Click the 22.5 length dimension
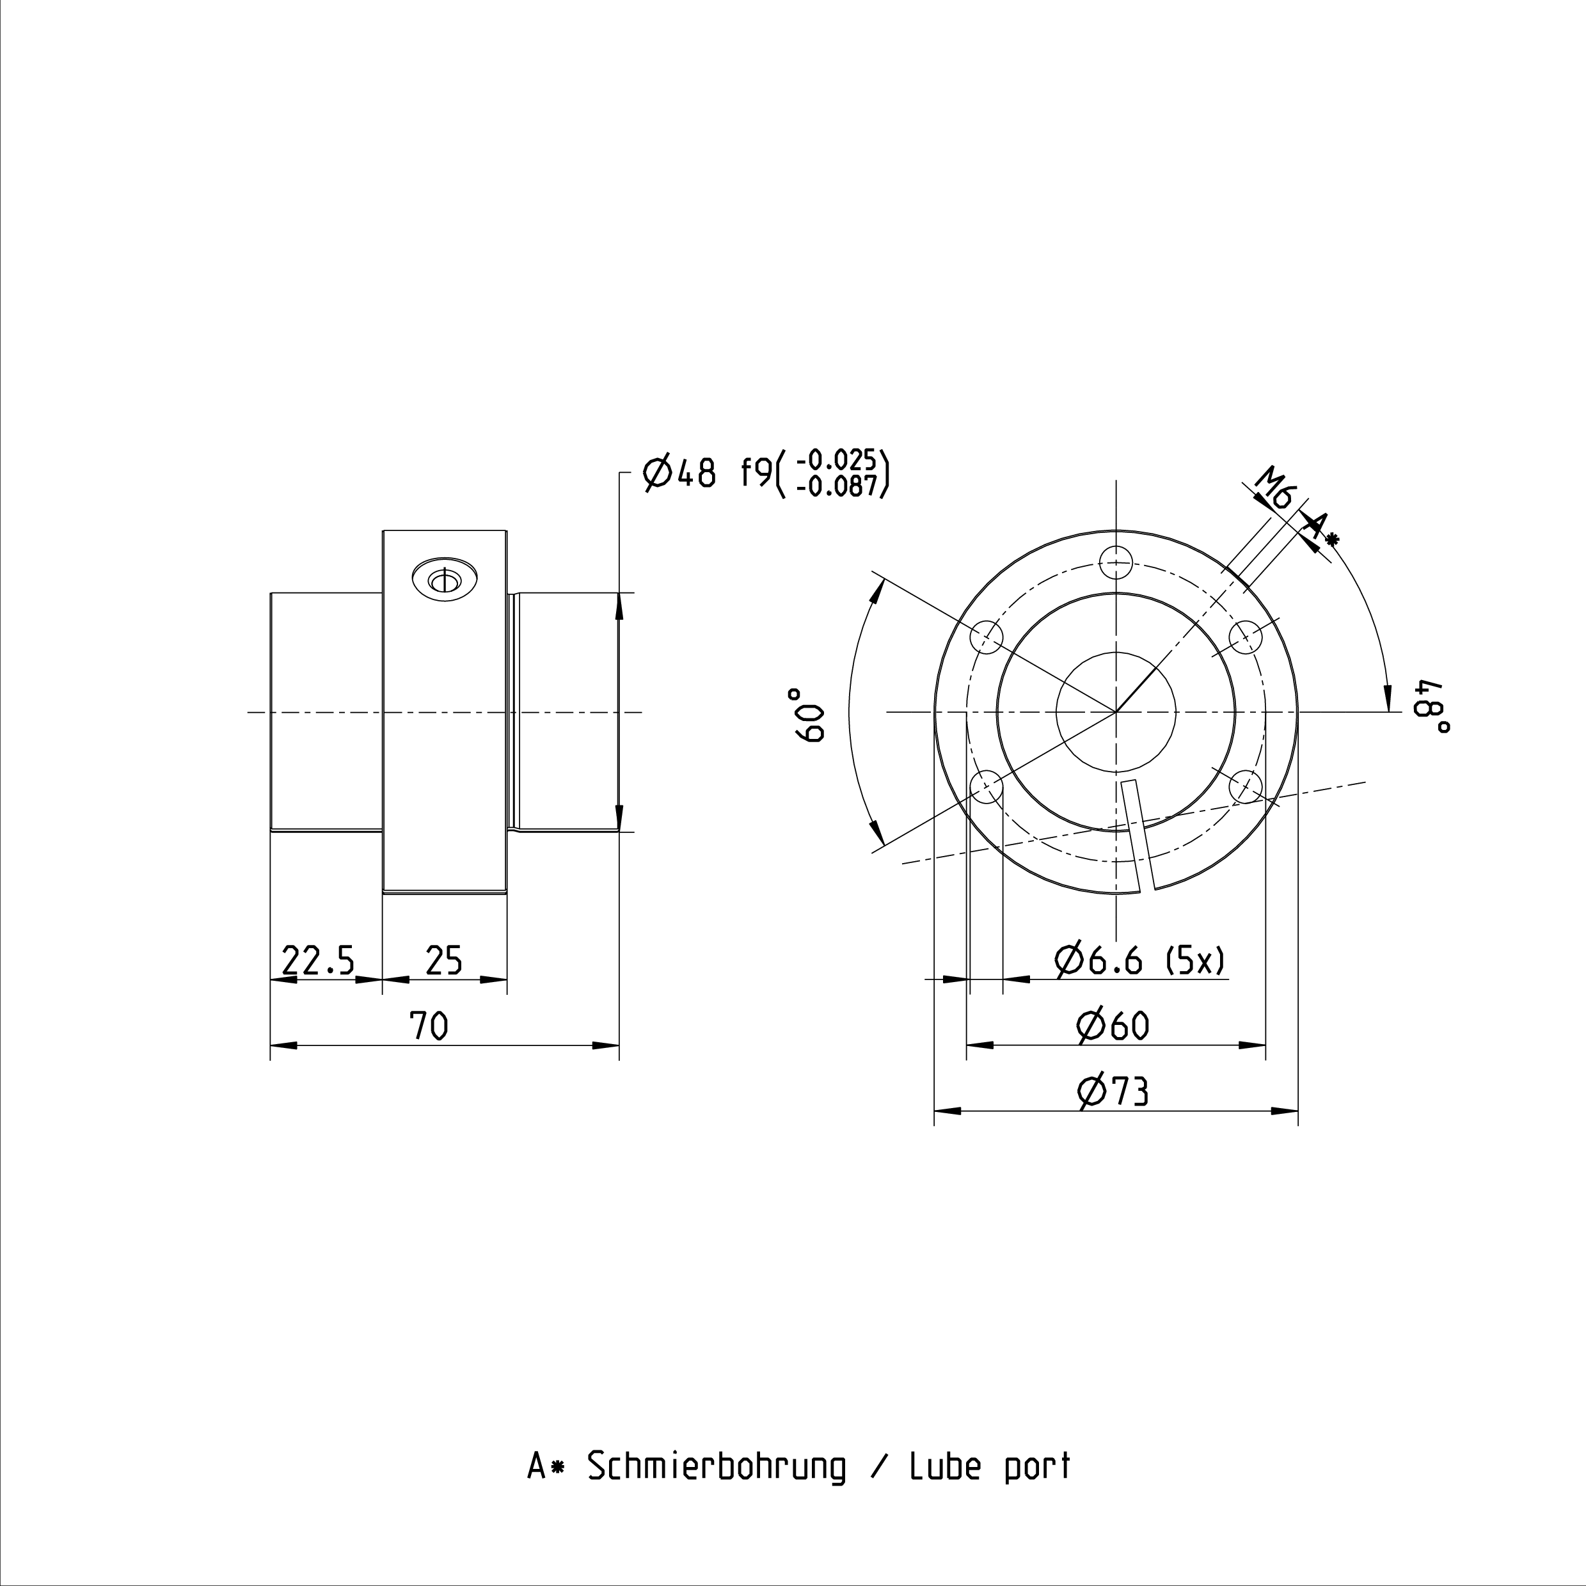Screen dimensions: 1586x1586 click(318, 960)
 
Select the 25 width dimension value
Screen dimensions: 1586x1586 click(444, 960)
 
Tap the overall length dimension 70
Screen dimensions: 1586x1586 click(429, 1026)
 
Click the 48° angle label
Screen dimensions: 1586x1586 click(1431, 705)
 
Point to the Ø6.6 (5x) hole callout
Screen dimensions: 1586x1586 click(1141, 960)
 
